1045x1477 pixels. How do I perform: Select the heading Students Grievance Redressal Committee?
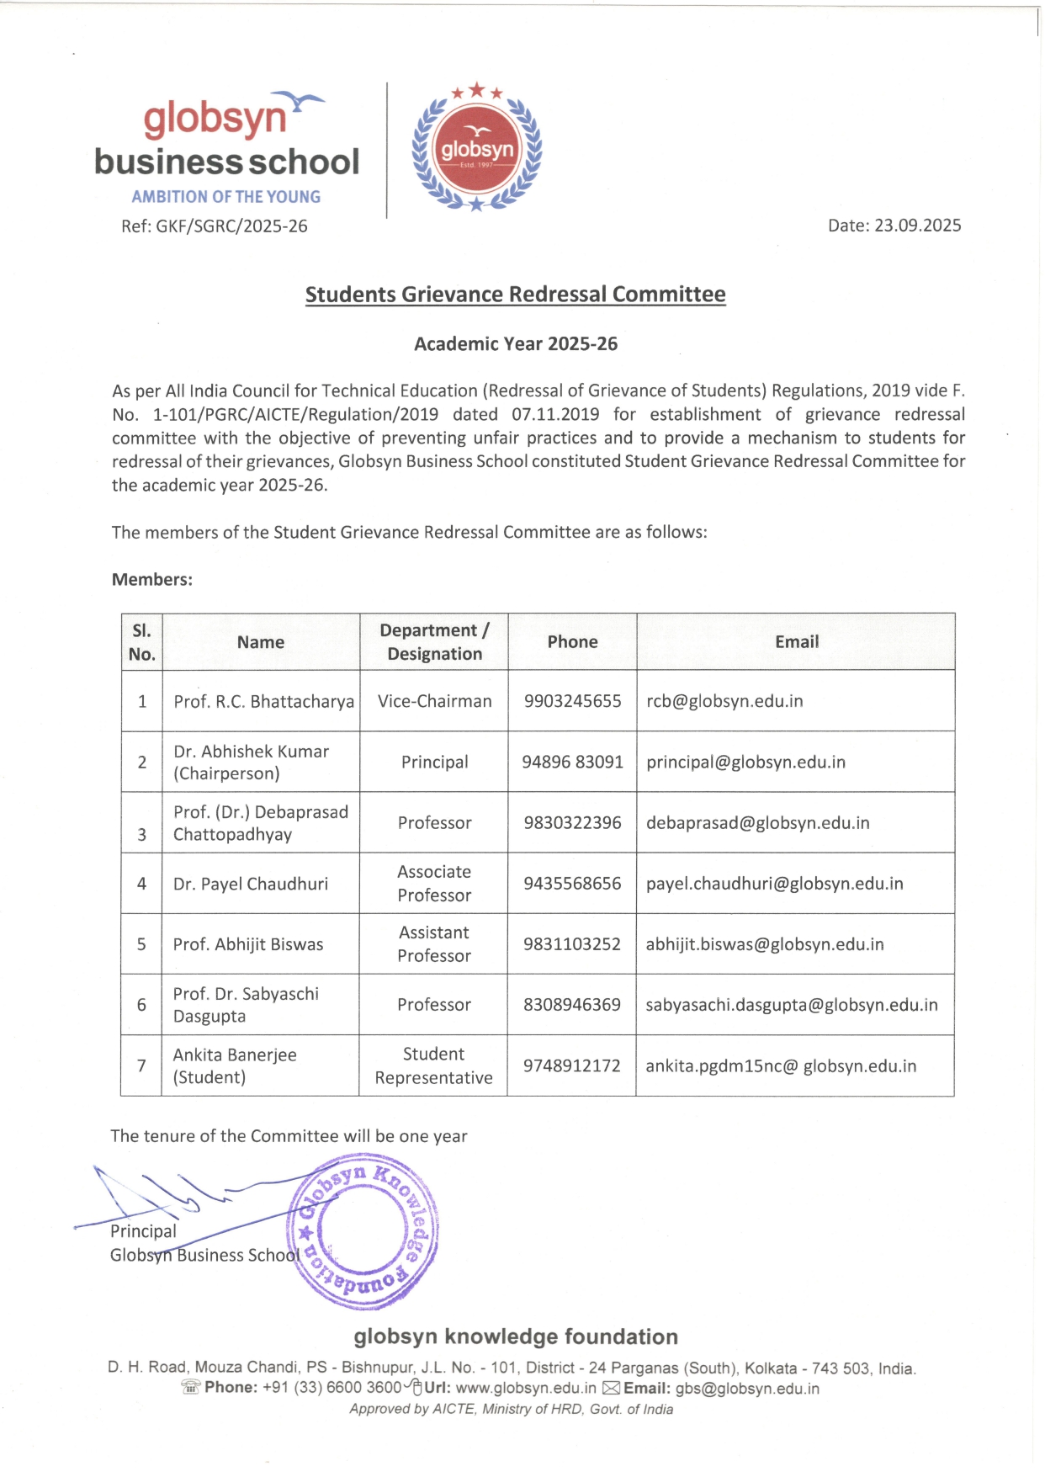pos(515,295)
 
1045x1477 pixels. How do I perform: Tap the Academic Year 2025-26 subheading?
pos(515,343)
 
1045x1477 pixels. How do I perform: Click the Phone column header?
pos(572,641)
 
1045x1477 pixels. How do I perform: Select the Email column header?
pos(796,641)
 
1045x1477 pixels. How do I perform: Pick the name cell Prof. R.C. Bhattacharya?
pos(263,701)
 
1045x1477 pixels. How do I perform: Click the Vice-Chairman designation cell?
pos(434,701)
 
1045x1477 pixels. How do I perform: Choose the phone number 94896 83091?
pos(572,762)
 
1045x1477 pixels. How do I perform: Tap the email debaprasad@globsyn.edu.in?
pos(757,822)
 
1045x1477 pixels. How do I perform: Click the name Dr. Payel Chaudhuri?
pos(251,884)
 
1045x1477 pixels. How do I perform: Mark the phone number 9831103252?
pos(572,944)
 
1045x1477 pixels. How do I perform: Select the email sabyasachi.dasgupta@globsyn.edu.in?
pos(791,1005)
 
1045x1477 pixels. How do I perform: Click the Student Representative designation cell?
pos(433,1065)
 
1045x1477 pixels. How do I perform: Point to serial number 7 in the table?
pos(141,1065)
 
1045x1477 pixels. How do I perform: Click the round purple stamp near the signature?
pos(363,1233)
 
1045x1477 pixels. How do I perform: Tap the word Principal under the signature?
pos(143,1231)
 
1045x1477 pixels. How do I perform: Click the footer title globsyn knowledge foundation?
pos(515,1336)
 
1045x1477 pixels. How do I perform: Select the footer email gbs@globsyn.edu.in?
pos(746,1389)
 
